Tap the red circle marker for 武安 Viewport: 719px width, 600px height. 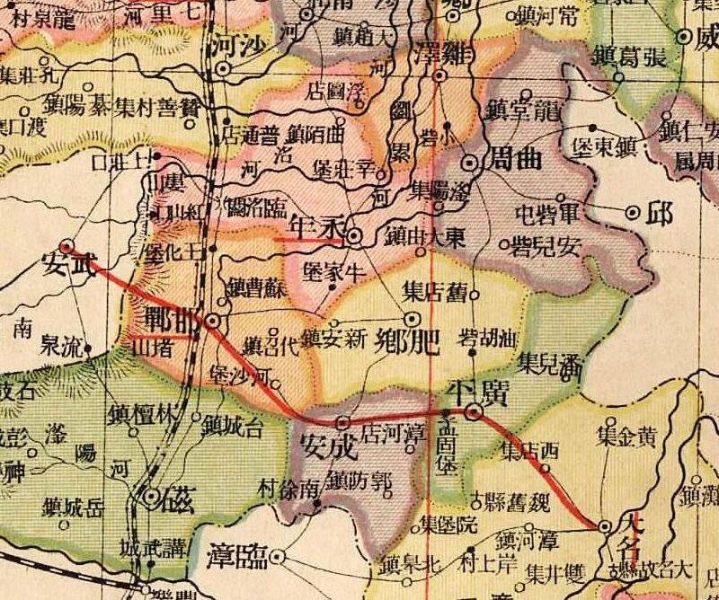point(66,243)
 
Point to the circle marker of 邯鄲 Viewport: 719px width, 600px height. point(213,320)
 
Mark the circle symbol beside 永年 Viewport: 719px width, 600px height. point(355,236)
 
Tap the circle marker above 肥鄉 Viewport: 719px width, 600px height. point(413,318)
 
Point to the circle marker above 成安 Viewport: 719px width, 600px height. point(342,421)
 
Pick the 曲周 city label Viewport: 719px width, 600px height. point(513,163)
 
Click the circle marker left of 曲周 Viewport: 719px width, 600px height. point(471,163)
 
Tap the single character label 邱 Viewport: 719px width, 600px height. point(662,213)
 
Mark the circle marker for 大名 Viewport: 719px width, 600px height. point(605,526)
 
